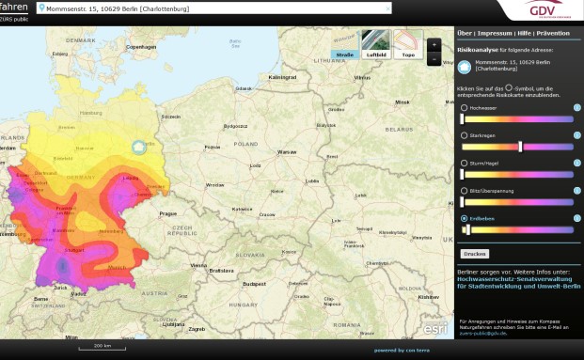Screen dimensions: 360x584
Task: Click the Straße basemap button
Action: point(345,43)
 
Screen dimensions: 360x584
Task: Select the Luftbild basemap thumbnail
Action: point(375,43)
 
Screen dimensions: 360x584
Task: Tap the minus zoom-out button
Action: point(433,59)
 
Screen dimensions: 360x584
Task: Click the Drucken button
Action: point(475,254)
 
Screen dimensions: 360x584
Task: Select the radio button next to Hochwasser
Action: point(465,108)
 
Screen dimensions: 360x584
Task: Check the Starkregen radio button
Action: point(465,135)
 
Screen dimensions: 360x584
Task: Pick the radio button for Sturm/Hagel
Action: point(465,163)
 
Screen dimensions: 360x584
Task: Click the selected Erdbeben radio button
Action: point(465,218)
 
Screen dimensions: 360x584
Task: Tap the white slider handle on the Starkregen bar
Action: point(520,147)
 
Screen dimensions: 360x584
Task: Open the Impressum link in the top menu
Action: point(495,33)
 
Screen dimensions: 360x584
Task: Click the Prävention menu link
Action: point(553,33)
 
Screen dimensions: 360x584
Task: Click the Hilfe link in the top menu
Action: point(524,33)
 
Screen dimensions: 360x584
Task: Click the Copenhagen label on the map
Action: point(141,46)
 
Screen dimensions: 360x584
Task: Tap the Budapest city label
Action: point(255,282)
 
